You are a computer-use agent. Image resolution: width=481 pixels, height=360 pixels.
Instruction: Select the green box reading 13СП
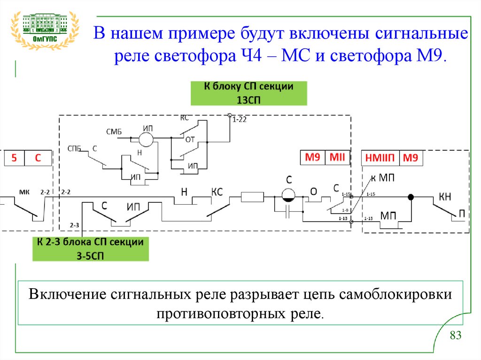[248, 93]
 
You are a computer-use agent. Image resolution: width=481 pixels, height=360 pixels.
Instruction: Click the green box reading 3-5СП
[90, 249]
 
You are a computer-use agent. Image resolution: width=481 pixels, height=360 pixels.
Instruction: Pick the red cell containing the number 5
[14, 159]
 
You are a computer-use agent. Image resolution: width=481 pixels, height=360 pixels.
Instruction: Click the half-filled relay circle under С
[288, 196]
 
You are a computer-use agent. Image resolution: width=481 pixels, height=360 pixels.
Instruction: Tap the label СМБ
[114, 132]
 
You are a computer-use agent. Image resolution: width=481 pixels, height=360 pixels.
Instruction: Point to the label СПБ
[74, 148]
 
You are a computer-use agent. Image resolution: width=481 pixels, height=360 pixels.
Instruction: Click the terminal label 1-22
[240, 120]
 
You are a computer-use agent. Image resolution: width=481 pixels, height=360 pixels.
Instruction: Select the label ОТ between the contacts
[190, 139]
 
